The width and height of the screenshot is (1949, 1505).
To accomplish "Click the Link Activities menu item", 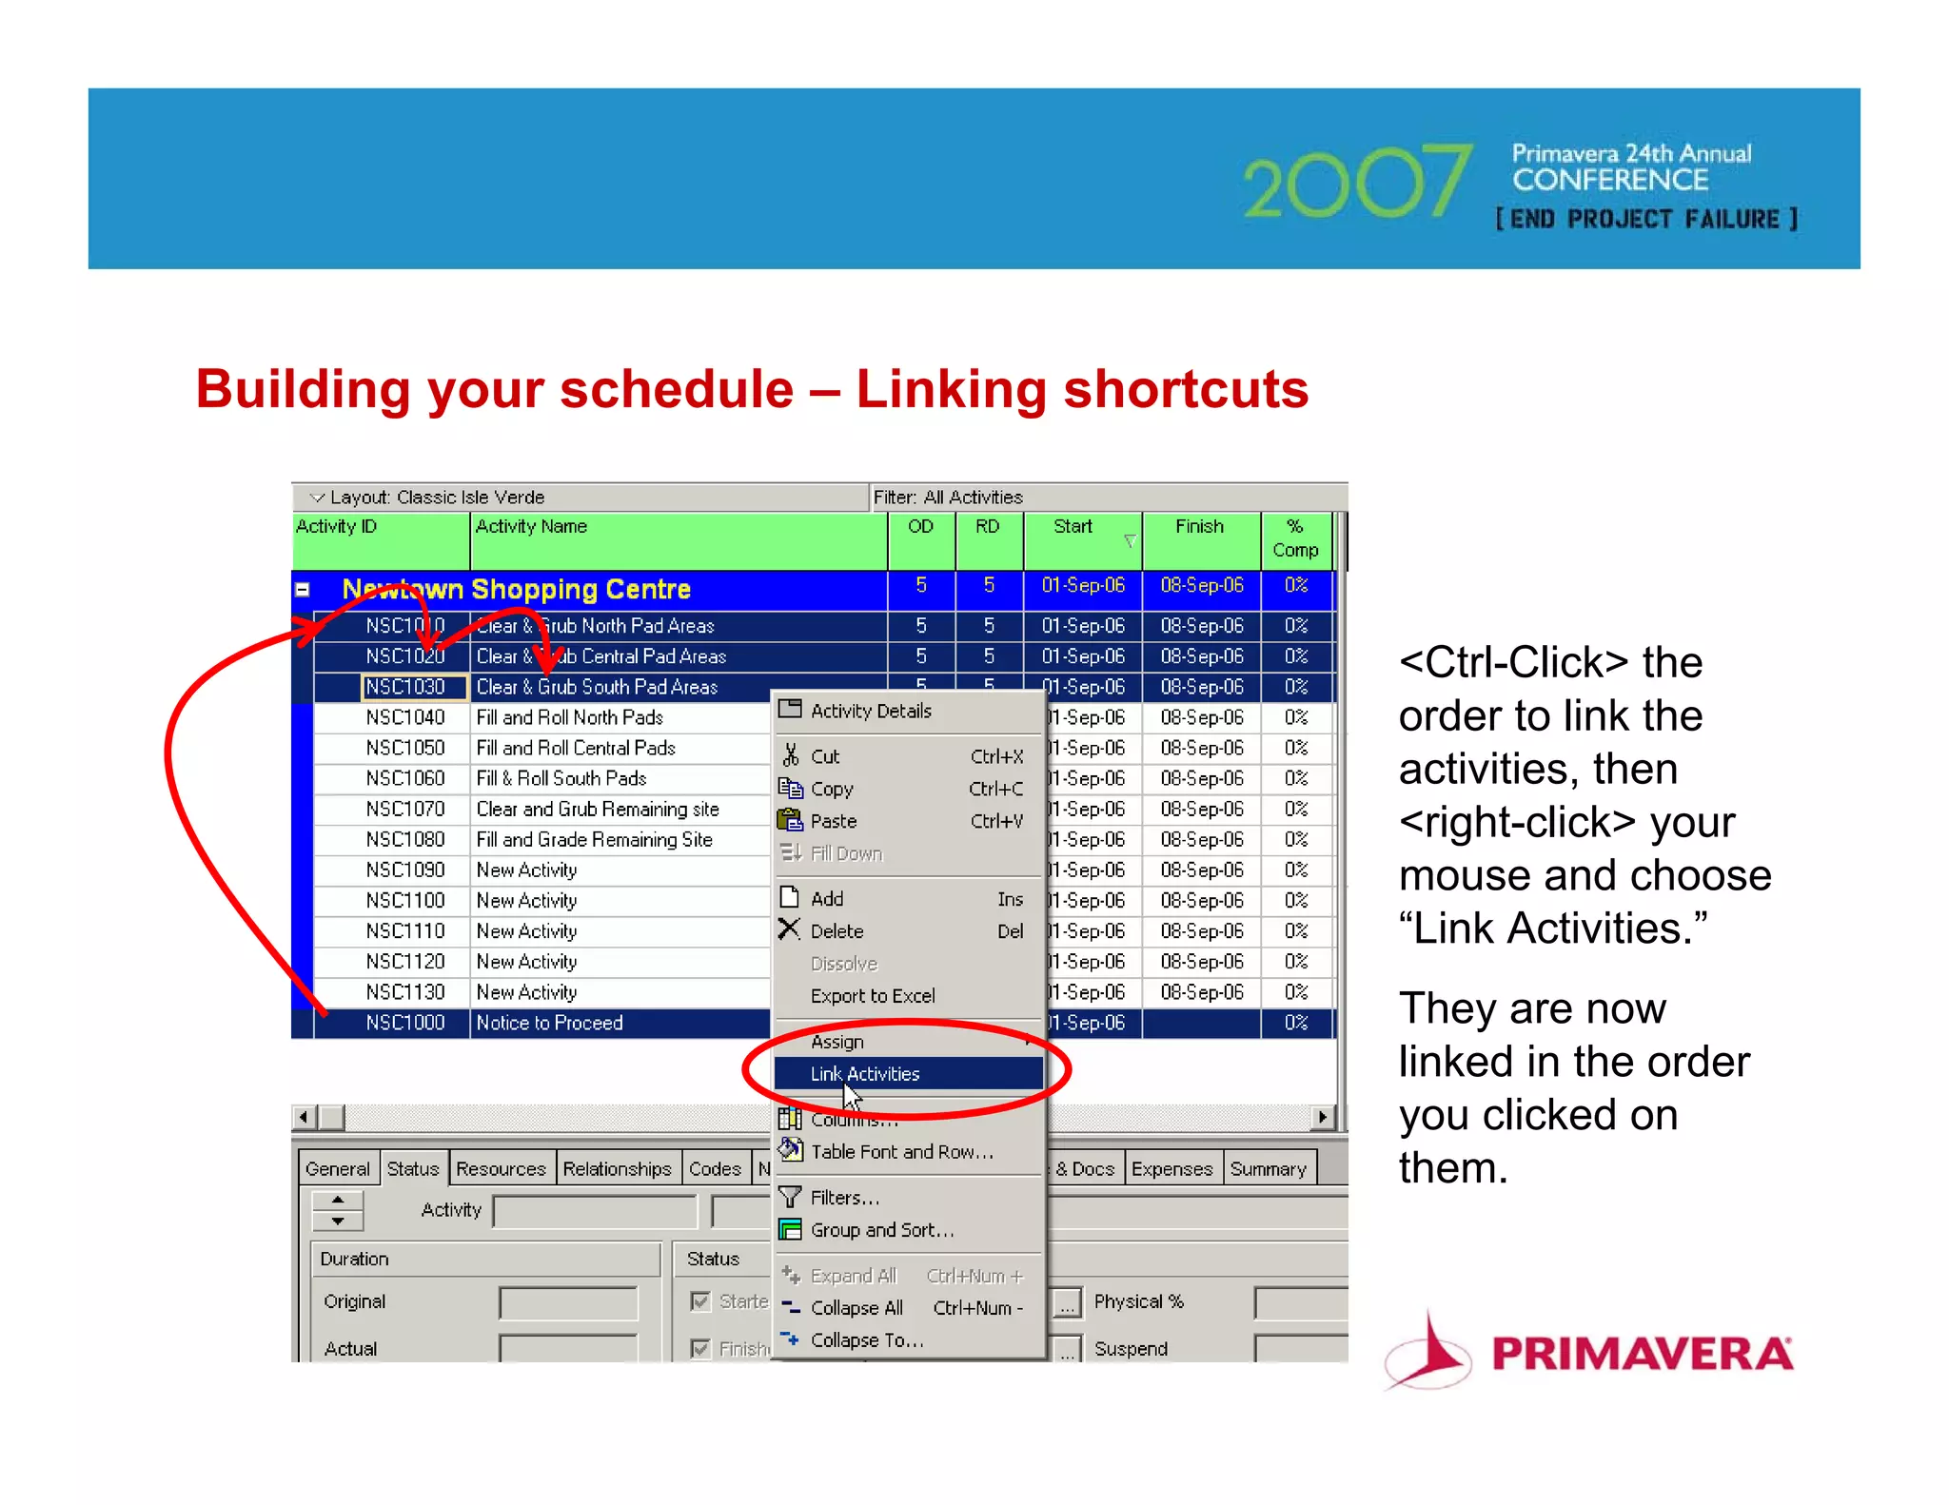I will pos(864,1074).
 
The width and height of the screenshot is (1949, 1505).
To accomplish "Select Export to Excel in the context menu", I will pos(872,996).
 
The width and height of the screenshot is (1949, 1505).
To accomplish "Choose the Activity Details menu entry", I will pos(870,711).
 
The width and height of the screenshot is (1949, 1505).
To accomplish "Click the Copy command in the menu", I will pos(832,789).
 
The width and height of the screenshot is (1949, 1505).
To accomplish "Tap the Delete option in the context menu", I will pos(837,931).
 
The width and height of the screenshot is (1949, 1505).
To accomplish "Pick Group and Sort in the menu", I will pos(881,1230).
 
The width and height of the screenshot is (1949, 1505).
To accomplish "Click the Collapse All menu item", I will pos(856,1308).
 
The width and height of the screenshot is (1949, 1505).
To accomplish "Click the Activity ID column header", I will pos(337,527).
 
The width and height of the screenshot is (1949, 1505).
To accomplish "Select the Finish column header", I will pos(1199,527).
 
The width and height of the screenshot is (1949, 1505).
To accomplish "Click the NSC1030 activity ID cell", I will pos(405,687).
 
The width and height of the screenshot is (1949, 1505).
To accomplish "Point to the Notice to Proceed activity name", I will pos(549,1023).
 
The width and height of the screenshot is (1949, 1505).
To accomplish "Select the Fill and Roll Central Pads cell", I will pos(576,748).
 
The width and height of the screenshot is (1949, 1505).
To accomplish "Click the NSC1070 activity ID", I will pos(405,809).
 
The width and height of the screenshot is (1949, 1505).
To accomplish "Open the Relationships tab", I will pos(617,1168).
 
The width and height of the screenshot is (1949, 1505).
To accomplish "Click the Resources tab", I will pos(501,1168).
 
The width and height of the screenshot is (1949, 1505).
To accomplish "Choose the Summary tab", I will pos(1268,1168).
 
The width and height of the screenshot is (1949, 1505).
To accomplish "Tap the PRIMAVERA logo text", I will pos(1642,1354).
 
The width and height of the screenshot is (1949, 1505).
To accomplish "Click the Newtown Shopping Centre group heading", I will pos(516,589).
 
